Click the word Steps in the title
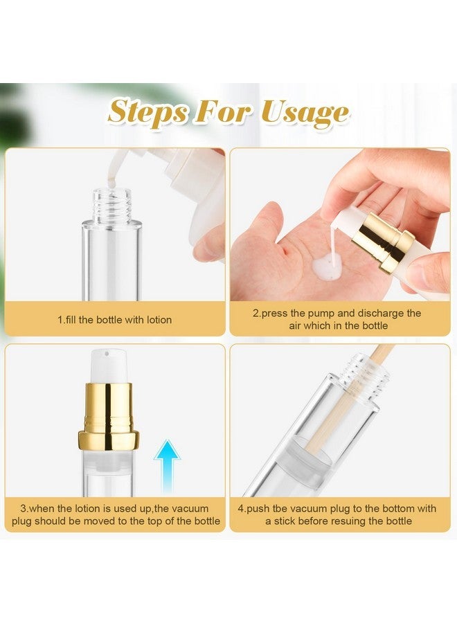pos(147,111)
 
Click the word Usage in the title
pos(305,114)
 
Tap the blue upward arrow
pos(168,466)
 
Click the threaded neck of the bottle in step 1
pos(112,205)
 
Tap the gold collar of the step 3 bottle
pos(108,416)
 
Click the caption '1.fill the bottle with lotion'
pos(114,320)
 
